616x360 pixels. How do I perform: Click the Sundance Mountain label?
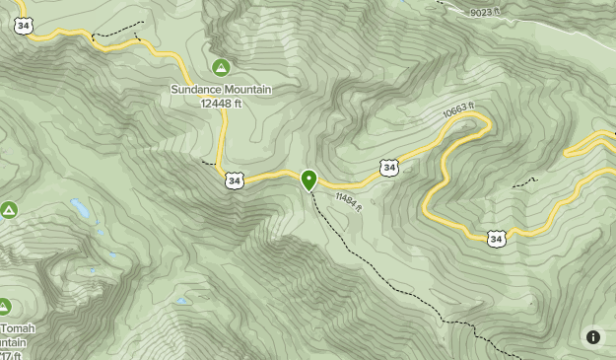tap(221, 90)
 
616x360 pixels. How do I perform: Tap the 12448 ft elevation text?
tap(221, 103)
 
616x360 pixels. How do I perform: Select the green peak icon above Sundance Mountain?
tap(221, 67)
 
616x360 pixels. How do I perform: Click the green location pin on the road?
tap(309, 179)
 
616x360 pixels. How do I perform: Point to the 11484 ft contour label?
tap(349, 201)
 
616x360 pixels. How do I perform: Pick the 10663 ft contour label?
tap(458, 110)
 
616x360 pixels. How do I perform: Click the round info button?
tap(593, 336)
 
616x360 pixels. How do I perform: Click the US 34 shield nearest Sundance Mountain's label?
tap(234, 180)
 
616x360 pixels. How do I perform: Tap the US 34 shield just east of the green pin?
tap(389, 169)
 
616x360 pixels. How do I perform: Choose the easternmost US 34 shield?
tap(496, 238)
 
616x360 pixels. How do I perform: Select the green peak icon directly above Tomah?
tap(4, 307)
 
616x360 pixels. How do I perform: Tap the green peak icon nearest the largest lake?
tap(9, 210)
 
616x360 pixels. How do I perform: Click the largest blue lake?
tap(81, 208)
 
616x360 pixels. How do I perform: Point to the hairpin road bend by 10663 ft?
tap(483, 120)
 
